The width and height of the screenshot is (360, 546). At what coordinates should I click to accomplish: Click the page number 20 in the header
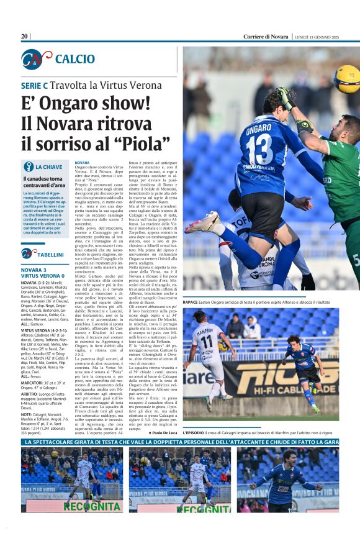[25, 37]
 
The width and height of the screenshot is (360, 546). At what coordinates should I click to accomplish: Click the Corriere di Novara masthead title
[266, 37]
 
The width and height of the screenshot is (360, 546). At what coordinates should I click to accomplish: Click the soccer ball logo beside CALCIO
[36, 59]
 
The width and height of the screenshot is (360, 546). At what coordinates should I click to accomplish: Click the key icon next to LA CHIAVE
[28, 166]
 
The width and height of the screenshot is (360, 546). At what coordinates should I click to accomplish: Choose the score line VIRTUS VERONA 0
[43, 276]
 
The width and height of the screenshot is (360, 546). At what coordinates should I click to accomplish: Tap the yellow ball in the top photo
[346, 78]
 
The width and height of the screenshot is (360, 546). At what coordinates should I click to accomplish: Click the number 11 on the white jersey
[205, 342]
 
